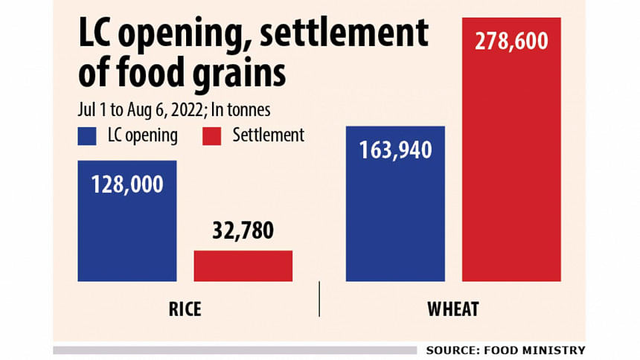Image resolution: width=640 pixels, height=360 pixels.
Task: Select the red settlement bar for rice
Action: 243,266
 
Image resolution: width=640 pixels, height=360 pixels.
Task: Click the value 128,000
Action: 127,185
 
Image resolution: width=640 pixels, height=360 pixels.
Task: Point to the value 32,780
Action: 243,231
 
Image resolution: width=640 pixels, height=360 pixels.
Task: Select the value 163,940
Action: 395,150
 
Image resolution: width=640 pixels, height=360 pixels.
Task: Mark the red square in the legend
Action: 211,136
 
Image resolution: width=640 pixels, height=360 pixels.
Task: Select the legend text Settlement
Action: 269,135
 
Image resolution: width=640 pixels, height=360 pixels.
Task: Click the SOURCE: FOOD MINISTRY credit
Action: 505,350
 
